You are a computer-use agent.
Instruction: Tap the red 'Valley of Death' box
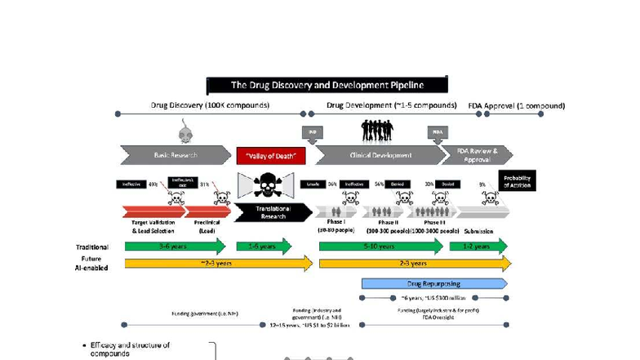coord(270,155)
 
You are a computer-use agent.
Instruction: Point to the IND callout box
coord(310,131)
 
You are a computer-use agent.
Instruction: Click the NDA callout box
coord(438,131)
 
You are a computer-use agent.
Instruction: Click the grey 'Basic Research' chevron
coord(175,155)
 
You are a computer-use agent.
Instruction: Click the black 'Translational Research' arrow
coord(271,212)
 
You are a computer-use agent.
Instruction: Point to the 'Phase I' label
coord(336,222)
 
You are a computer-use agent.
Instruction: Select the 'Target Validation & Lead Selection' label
coord(153,227)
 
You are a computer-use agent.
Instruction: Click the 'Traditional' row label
coord(92,247)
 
